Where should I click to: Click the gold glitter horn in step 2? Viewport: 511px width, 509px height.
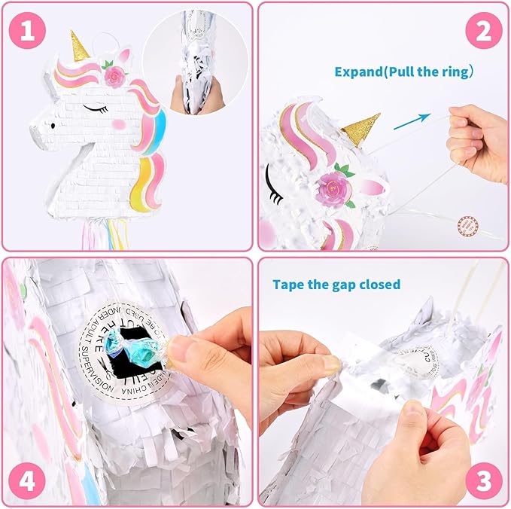tap(363, 129)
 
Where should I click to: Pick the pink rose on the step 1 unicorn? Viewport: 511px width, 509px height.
tap(116, 76)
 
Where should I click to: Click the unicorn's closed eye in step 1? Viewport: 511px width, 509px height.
tap(95, 108)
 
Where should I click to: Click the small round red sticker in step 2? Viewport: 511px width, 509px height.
tap(469, 224)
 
